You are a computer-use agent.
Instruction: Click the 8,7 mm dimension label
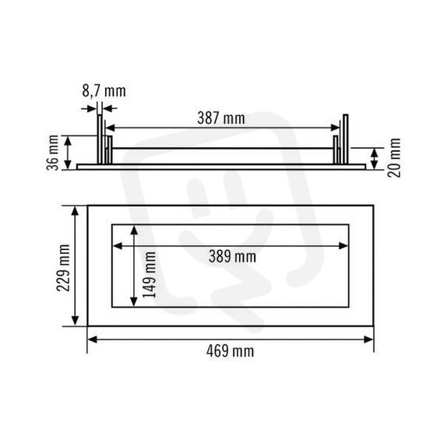click(104, 91)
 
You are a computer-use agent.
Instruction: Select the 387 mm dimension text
click(221, 118)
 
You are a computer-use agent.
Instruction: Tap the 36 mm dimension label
click(53, 153)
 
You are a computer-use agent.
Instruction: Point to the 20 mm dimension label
click(394, 157)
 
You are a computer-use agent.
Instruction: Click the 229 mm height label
click(63, 268)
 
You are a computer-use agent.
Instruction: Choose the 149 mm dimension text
click(150, 275)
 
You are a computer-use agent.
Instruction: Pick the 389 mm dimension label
click(232, 257)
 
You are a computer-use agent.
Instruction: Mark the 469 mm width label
click(230, 351)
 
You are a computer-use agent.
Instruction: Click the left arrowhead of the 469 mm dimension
click(93, 339)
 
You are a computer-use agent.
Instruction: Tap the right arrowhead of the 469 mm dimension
click(368, 339)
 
